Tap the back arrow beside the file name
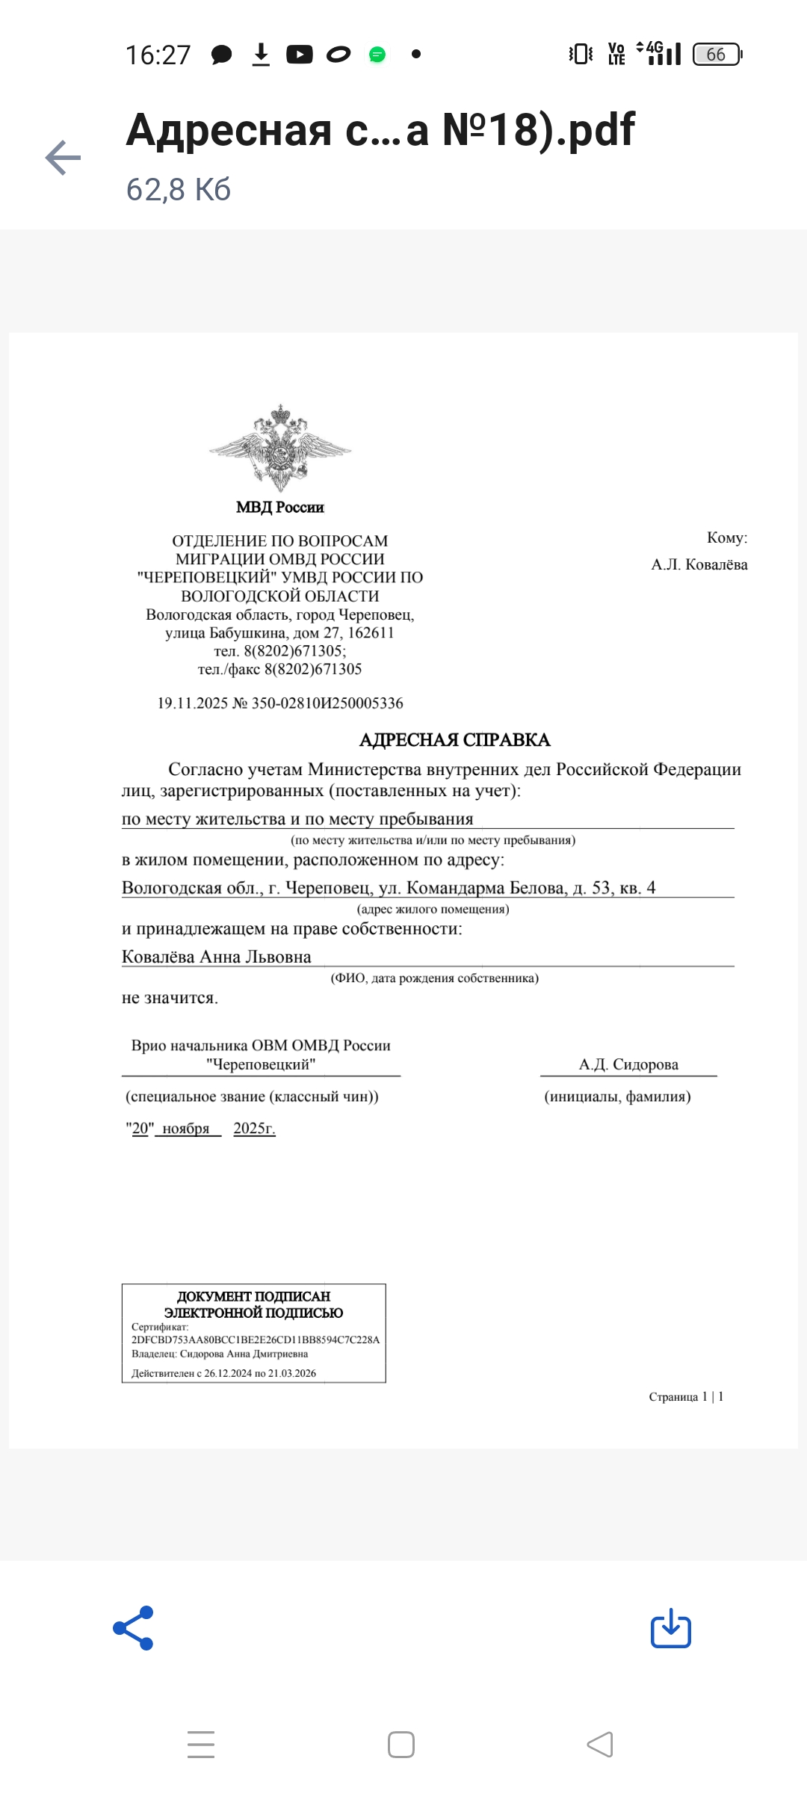(63, 158)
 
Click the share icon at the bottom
(134, 1627)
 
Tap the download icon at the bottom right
(670, 1627)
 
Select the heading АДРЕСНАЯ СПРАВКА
(454, 740)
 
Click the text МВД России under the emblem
(280, 508)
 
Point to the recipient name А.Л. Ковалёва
(699, 564)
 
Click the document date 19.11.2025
(192, 703)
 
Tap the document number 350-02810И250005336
(327, 703)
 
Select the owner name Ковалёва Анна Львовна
(217, 957)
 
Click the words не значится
(170, 998)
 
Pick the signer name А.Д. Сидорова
(628, 1064)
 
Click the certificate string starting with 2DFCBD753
(256, 1340)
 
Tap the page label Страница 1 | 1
(686, 1396)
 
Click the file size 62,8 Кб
(178, 190)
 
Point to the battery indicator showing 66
(717, 55)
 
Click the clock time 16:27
(158, 55)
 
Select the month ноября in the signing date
(186, 1129)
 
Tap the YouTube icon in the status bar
(300, 55)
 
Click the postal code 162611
(371, 632)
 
